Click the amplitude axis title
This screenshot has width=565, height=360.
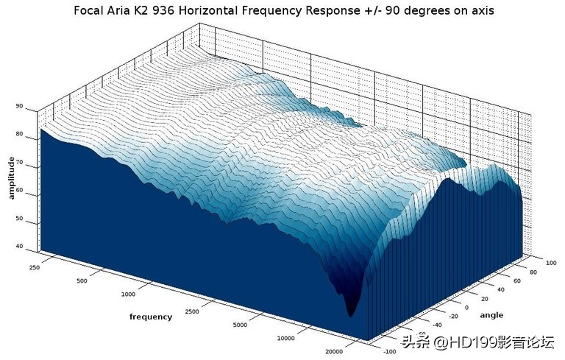(11, 177)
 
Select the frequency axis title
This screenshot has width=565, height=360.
(151, 317)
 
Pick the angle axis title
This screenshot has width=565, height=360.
(492, 315)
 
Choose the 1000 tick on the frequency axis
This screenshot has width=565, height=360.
(129, 294)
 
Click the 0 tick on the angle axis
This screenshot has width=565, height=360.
(465, 307)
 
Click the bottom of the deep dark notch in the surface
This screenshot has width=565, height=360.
(352, 314)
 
